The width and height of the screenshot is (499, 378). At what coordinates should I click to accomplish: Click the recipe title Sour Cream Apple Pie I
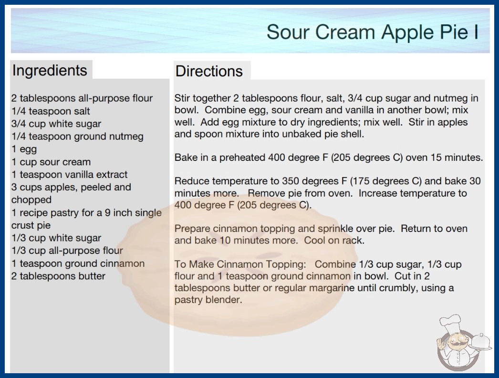click(x=372, y=32)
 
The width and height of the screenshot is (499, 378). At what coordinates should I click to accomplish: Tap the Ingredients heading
click(x=50, y=71)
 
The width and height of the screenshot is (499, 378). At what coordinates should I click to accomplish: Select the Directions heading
click(x=209, y=71)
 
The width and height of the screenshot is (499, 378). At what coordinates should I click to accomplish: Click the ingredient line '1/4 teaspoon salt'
click(x=51, y=111)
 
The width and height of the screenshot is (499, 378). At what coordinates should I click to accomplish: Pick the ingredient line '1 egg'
click(x=24, y=149)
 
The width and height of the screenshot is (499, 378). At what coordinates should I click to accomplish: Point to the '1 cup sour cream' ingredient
click(x=51, y=162)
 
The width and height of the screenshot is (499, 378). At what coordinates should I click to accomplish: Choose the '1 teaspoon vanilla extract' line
click(x=69, y=175)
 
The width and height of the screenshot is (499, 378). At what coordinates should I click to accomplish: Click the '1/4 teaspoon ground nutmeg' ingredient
click(x=77, y=136)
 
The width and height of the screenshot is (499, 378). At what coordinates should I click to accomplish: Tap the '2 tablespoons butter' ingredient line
click(x=58, y=276)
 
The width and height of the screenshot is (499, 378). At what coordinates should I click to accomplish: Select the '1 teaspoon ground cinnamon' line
click(x=78, y=263)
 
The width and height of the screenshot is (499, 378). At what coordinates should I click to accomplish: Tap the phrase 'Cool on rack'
click(x=334, y=240)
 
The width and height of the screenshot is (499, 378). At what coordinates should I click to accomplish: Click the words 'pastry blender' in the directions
click(x=208, y=300)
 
